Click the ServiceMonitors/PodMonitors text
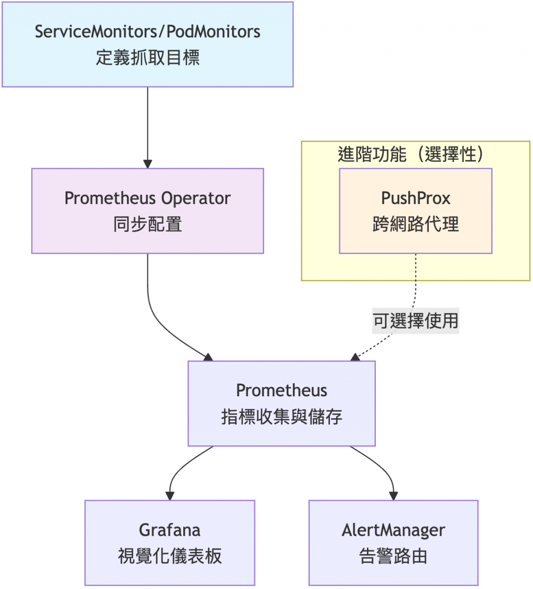(148, 31)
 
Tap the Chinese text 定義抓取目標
(148, 57)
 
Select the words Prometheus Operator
(148, 198)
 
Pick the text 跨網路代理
(415, 224)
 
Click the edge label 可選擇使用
(415, 321)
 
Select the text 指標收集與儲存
(282, 417)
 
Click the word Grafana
(170, 530)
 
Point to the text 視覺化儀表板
(170, 556)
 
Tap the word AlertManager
(394, 530)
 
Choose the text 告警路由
(394, 556)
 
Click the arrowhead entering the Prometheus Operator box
(148, 163)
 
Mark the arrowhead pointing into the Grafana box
(170, 495)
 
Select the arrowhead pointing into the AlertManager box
(394, 495)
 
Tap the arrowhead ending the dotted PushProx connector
(356, 357)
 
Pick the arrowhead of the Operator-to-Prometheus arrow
(208, 357)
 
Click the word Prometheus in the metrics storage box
(282, 391)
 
